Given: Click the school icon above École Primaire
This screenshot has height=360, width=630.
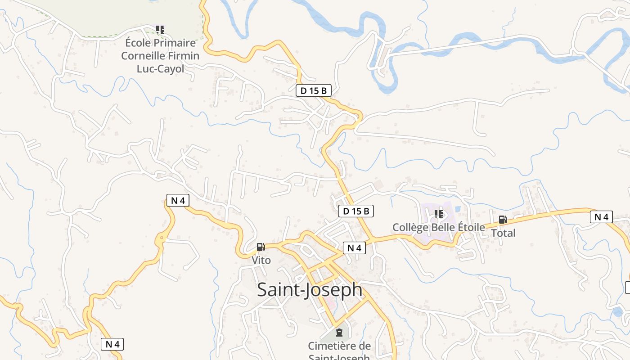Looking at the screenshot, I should (x=160, y=30).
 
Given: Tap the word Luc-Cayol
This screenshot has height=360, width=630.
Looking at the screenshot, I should (x=160, y=69).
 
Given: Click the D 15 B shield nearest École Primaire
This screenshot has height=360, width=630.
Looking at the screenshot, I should (x=314, y=90).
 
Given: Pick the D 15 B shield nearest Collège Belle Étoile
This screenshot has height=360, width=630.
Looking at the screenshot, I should (x=356, y=211).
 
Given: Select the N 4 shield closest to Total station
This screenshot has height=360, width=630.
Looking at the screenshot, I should (x=601, y=217).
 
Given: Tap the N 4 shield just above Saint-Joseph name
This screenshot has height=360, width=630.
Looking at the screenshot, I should (x=354, y=248).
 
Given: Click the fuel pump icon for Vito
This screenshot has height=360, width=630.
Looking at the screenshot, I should (x=261, y=247).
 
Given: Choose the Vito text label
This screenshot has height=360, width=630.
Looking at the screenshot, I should (x=261, y=260).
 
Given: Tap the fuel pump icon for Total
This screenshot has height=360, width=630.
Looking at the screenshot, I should (x=503, y=220).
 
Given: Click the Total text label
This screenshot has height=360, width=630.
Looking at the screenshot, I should (x=503, y=233).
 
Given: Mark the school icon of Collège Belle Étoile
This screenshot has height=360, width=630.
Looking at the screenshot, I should (x=439, y=214).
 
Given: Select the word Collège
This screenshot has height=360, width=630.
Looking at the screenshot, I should (x=410, y=227).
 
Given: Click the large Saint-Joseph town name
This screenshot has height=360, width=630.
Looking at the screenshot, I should (x=310, y=290).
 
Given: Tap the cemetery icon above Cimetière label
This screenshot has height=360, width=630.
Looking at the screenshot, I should (x=339, y=333).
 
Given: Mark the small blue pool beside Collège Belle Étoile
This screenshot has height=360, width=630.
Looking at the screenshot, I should (x=458, y=209).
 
